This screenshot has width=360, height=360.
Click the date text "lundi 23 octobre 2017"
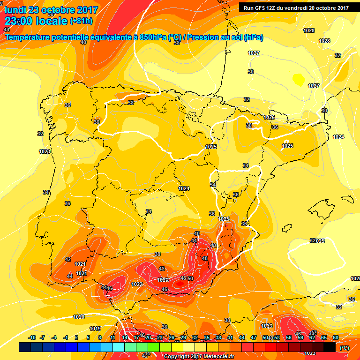click(51, 9)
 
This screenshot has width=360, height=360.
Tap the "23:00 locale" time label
click(36, 21)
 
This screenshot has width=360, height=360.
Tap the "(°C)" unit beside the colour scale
click(344, 348)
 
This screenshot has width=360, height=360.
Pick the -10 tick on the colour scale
click(32, 337)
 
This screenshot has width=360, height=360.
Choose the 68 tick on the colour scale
click(336, 337)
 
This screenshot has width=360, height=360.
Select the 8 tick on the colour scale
click(100, 337)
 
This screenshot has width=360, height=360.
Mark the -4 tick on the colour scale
click(54, 337)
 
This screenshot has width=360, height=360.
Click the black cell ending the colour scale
click(330, 347)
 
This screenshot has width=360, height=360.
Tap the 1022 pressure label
click(137, 284)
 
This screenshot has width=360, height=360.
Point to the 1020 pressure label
click(79, 317)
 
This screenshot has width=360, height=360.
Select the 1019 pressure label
click(95, 329)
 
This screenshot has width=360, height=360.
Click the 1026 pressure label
click(269, 117)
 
